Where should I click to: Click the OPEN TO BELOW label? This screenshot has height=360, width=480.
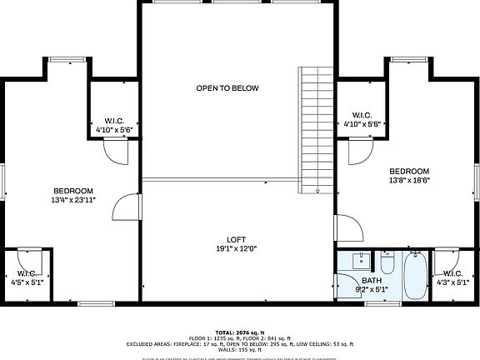tap(227, 87)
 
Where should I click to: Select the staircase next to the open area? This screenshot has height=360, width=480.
tap(317, 129)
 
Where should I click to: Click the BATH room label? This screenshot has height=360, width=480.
tap(371, 280)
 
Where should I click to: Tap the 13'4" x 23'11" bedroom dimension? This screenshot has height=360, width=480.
tap(73, 200)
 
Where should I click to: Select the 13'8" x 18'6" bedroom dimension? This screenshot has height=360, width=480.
tap(409, 180)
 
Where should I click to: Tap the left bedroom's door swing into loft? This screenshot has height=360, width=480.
tap(125, 207)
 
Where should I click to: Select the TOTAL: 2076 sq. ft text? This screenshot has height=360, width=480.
tap(240, 331)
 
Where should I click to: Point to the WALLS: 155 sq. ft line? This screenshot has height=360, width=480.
tap(240, 350)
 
